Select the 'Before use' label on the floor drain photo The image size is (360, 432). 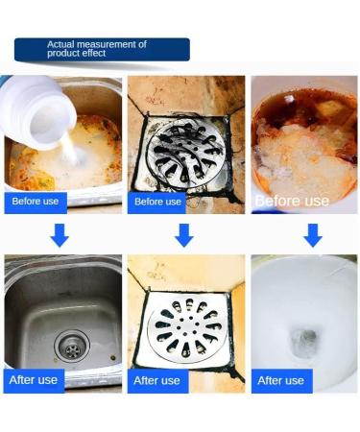click(157, 202)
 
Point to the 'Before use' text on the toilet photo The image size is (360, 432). click(292, 202)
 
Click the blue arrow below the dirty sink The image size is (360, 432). click(60, 236)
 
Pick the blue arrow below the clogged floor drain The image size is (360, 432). click(183, 236)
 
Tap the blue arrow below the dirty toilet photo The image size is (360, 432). click(312, 236)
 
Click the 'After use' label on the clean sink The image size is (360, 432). click(34, 380)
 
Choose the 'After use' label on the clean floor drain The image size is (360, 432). click(157, 380)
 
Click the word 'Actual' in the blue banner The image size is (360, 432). click(61, 44)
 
